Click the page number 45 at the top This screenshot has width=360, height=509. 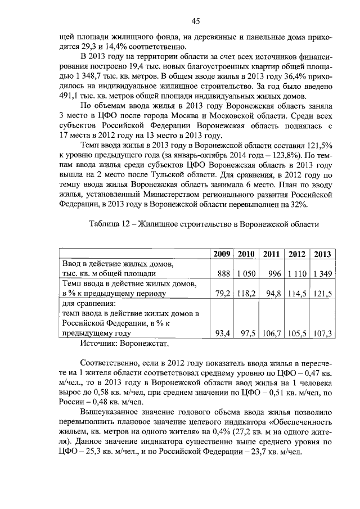pyautogui.click(x=195, y=21)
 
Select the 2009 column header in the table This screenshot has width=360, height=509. pyautogui.click(x=222, y=254)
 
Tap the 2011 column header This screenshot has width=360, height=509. pyautogui.click(x=272, y=254)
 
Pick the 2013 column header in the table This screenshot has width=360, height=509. pyautogui.click(x=323, y=254)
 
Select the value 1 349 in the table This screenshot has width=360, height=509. pyautogui.click(x=323, y=273)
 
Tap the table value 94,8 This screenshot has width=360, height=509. pyautogui.click(x=274, y=293)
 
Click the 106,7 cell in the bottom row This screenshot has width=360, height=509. pyautogui.click(x=272, y=333)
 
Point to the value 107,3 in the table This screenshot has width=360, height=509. pyautogui.click(x=323, y=333)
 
